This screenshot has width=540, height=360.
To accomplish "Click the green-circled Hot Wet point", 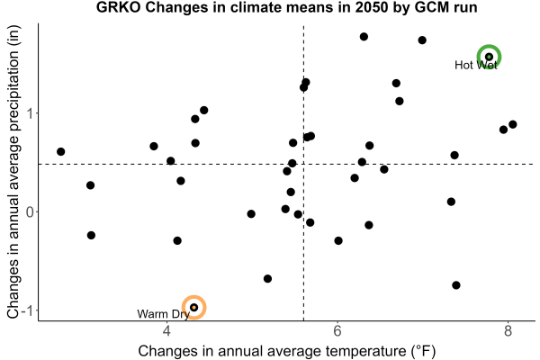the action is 489,57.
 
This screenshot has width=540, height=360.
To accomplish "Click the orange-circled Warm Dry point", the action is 193,307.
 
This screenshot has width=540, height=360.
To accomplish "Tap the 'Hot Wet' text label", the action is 475,65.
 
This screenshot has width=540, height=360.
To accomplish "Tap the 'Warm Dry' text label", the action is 163,314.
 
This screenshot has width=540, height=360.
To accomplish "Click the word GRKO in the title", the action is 118,7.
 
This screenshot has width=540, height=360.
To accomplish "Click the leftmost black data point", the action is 61,151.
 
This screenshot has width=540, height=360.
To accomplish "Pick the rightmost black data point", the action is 513,124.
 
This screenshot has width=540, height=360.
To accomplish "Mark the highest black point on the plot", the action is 364,37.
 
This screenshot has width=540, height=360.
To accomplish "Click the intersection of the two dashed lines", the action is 304,165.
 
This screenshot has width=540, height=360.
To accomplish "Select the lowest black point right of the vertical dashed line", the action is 456,285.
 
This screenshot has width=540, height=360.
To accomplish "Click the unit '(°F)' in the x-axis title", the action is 423,351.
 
